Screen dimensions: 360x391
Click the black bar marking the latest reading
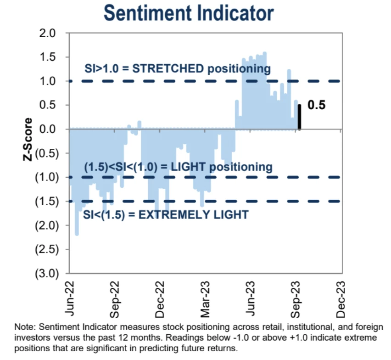(299, 117)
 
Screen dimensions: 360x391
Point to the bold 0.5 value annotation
(316, 105)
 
